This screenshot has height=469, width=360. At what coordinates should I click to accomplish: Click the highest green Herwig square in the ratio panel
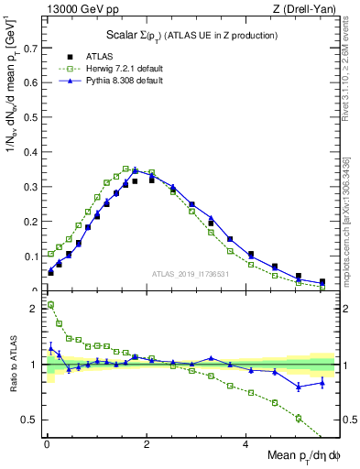(x=50, y=305)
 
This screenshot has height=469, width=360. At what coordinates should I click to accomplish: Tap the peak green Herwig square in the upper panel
(x=125, y=169)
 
